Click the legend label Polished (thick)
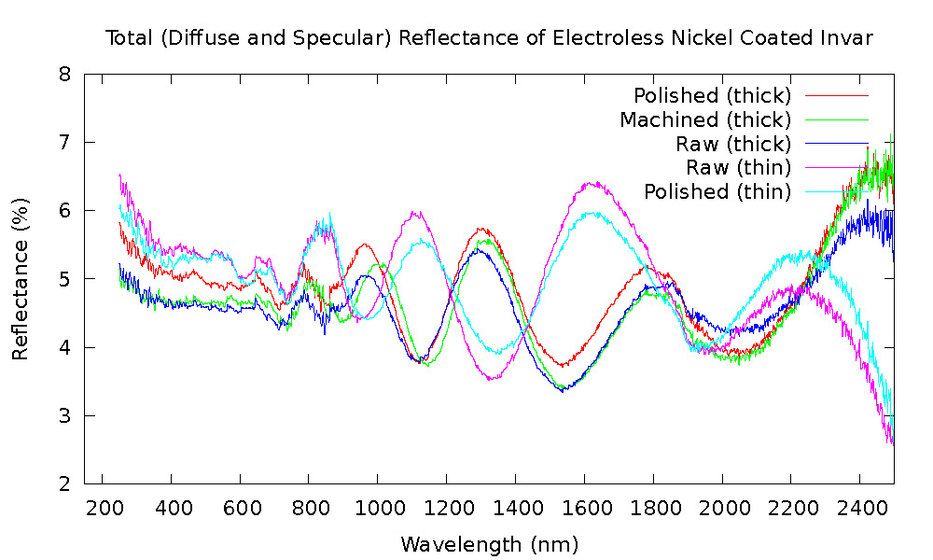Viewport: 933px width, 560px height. [x=712, y=95]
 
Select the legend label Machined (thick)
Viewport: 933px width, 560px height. [x=704, y=119]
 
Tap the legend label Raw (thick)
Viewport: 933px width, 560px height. [x=733, y=144]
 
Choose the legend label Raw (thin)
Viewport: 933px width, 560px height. [x=738, y=167]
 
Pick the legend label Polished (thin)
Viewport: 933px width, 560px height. [x=717, y=191]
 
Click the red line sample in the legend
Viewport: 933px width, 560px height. [x=837, y=95]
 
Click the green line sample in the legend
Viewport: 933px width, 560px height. [x=837, y=119]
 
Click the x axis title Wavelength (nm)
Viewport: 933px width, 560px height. [x=490, y=543]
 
